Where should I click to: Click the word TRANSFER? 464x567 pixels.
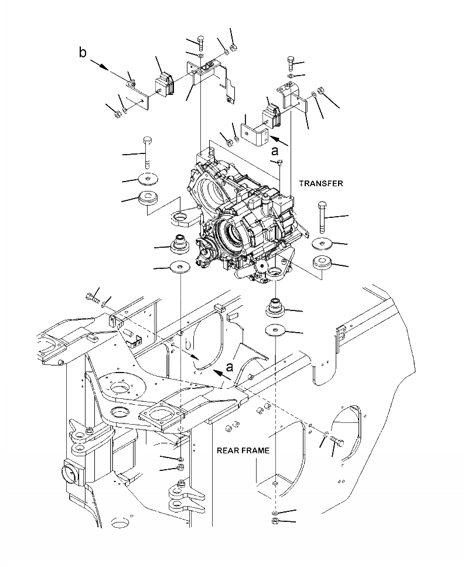coord(321,183)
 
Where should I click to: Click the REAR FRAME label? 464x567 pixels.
coord(243,450)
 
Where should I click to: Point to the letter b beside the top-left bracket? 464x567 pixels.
coord(83,53)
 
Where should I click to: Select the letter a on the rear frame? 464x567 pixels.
coord(230,367)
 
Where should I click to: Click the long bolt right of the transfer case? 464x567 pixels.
coord(322,217)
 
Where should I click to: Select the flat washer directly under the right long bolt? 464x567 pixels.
coord(322,243)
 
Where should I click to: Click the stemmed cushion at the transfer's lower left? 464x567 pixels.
coord(178,242)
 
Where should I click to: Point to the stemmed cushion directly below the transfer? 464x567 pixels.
coord(275,306)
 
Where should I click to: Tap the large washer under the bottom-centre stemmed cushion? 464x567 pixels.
coord(274,330)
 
